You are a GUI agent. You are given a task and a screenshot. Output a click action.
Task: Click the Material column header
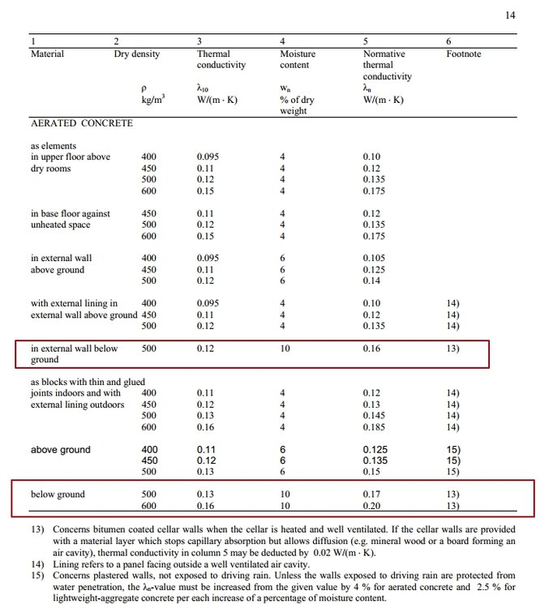[47, 54]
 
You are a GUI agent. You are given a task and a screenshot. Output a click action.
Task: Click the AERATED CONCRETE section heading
[82, 123]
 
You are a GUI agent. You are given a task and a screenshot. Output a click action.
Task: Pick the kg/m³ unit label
[154, 101]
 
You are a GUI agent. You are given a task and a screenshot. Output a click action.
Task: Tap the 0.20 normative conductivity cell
[371, 506]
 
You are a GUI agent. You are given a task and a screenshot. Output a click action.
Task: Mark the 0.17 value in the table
[371, 495]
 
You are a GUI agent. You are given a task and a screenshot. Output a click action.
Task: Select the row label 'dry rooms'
[50, 169]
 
